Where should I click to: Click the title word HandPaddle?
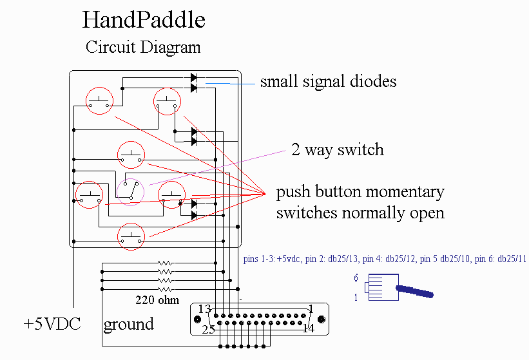tap(144, 20)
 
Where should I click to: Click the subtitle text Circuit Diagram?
tap(143, 47)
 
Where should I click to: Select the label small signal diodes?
tap(328, 82)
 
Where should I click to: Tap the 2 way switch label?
tap(337, 150)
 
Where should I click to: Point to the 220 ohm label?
tap(157, 299)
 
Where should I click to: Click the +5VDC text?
tap(52, 323)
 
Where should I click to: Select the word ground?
tap(129, 323)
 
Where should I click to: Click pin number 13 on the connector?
tap(205, 308)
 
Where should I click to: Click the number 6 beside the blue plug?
tap(355, 279)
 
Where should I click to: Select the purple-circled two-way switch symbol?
tap(130, 192)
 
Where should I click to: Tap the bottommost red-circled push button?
tap(131, 236)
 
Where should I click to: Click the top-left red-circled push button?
tap(100, 101)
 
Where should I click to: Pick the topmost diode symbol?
tap(193, 78)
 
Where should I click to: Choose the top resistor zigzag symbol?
tap(166, 263)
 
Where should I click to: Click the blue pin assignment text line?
tap(385, 260)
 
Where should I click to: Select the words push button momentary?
tap(360, 192)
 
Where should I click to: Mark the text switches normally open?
tap(360, 213)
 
